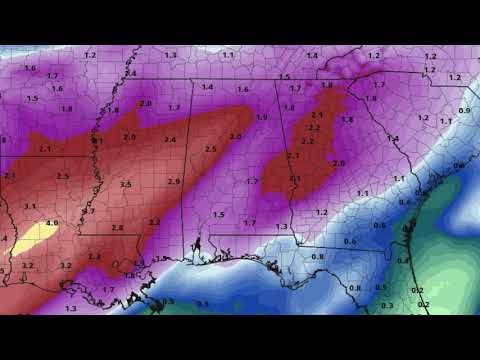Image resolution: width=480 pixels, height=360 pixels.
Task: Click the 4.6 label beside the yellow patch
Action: (51, 222)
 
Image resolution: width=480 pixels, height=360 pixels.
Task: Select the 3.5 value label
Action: (125, 185)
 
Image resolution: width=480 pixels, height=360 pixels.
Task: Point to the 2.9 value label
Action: (174, 182)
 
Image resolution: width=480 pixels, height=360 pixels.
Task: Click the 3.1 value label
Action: (30, 206)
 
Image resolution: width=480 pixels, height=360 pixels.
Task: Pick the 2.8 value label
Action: (118, 228)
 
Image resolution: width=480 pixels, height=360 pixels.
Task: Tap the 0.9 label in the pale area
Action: (464, 110)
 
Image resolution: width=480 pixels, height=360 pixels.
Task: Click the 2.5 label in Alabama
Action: (210, 149)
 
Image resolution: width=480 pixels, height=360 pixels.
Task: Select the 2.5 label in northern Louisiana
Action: (63, 176)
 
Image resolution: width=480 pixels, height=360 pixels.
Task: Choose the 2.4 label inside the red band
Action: (170, 140)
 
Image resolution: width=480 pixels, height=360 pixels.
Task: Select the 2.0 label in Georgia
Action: (339, 162)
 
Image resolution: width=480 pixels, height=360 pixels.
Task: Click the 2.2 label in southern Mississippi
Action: (154, 222)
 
